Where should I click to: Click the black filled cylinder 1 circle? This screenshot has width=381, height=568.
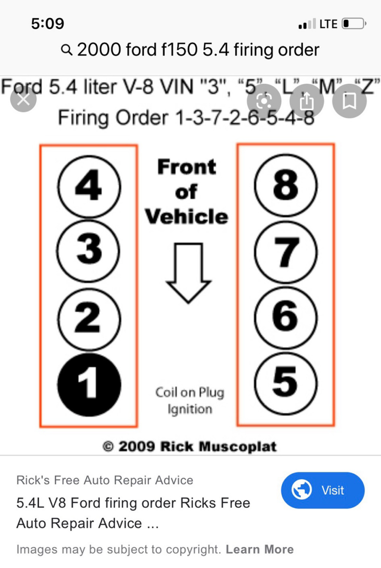pos(89,385)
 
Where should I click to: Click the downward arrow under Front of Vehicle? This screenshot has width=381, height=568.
pos(188,273)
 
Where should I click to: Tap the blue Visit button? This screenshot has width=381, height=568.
pos(323,490)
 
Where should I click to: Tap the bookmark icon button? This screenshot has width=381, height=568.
pos(349,101)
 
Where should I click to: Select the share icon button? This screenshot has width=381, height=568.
pos(306,101)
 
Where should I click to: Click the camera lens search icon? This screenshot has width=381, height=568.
pos(264,101)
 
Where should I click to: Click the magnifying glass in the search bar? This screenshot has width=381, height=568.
pos(66,49)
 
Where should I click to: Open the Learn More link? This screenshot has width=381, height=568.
pos(260,549)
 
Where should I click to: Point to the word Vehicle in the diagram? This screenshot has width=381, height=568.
pos(187,217)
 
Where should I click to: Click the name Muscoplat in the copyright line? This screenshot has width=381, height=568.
pos(237,446)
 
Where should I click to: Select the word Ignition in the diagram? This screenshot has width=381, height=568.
pos(190,409)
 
